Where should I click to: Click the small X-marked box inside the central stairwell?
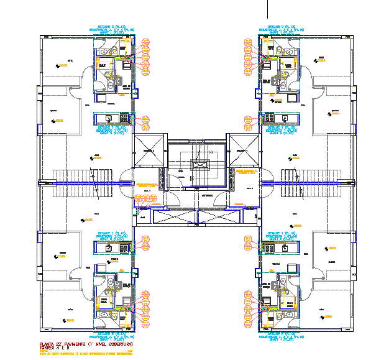(x=200, y=165)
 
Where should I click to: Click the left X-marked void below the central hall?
(x=174, y=218)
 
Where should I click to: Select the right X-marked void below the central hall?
(x=218, y=218)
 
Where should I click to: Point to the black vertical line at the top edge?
(x=268, y=7)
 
